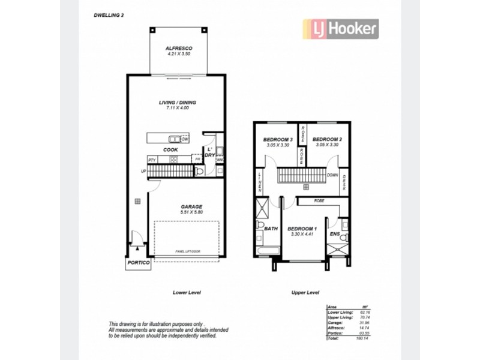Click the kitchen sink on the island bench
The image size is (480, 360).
[x=175, y=139]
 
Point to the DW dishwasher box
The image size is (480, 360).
[x=185, y=139]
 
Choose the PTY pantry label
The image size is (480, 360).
[x=152, y=160]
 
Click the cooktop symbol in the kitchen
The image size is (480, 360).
[x=174, y=160]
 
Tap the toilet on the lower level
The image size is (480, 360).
[x=200, y=172]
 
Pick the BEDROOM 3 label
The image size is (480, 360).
[x=278, y=140]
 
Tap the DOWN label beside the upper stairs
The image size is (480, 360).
[x=332, y=176]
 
